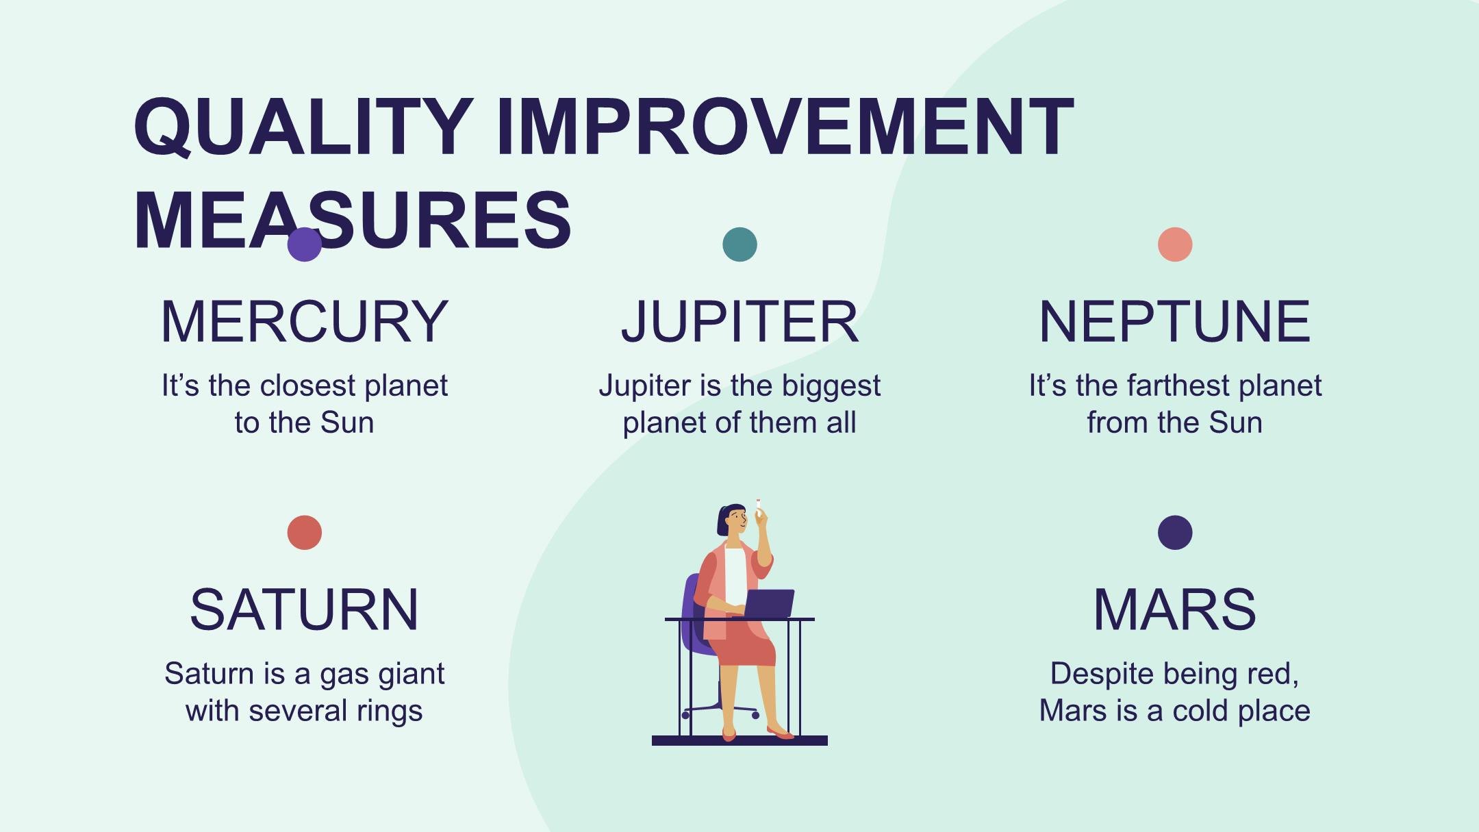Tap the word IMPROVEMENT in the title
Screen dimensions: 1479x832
click(785, 127)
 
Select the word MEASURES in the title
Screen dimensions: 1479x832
click(353, 220)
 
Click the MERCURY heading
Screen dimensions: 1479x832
click(305, 321)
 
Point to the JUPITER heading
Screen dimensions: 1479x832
click(739, 321)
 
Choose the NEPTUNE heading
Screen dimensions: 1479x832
click(1175, 321)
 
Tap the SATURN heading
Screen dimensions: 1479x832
click(305, 609)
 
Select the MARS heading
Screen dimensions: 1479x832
click(1175, 609)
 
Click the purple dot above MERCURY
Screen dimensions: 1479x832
click(305, 244)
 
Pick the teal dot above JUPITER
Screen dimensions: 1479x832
click(739, 244)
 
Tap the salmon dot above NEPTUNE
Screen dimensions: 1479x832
click(1175, 244)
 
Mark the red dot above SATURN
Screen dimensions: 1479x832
click(305, 533)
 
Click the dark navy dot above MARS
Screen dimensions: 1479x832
click(1175, 533)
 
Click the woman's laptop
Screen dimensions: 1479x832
click(768, 603)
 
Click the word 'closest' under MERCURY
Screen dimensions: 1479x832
click(308, 386)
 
